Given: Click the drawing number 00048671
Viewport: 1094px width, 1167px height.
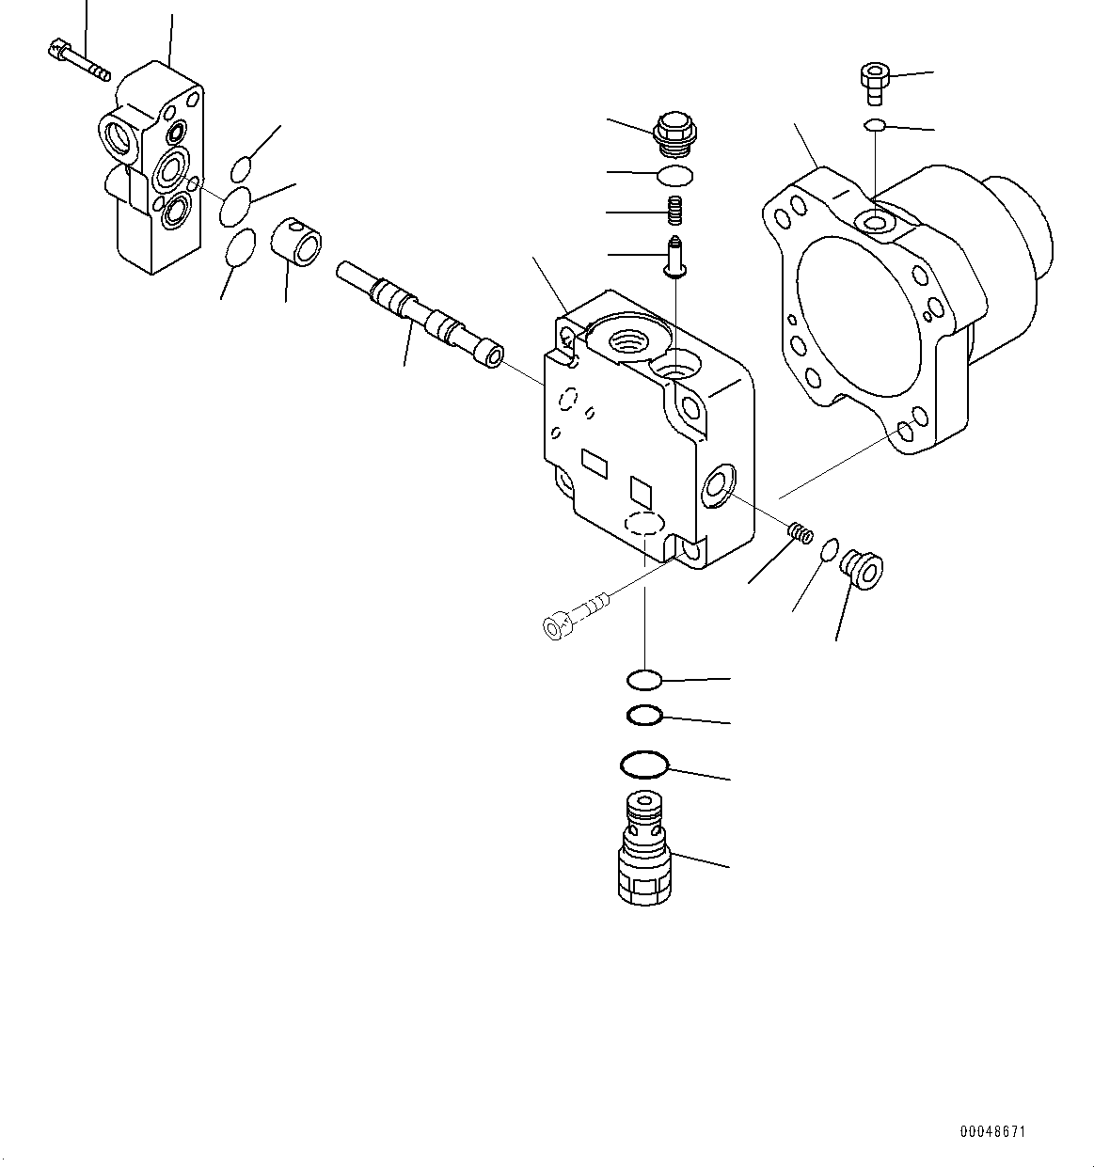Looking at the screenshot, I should click(991, 1131).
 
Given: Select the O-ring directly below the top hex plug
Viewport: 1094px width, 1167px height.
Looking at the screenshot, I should click(674, 174).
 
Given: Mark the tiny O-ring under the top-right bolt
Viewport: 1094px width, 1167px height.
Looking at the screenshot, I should click(875, 125).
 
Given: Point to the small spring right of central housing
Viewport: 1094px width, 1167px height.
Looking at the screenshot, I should click(800, 533).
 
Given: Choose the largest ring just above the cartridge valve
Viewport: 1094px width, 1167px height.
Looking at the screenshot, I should click(644, 765).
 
